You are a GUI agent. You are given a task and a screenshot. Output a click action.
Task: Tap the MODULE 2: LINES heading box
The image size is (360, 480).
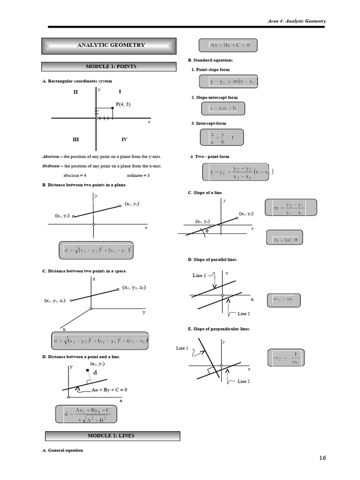click(112, 436)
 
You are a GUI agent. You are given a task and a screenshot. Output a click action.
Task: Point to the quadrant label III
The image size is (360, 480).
click(76, 140)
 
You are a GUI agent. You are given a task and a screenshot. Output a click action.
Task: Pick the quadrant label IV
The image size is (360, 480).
click(124, 140)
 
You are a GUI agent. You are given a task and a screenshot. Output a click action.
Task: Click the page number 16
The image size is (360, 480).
click(322, 458)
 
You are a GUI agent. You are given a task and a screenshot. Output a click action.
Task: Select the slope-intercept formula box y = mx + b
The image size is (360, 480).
click(223, 109)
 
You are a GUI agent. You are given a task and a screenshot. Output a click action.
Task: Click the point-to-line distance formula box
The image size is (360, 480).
click(86, 414)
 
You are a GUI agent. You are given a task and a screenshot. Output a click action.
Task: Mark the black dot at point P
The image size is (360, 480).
click(112, 108)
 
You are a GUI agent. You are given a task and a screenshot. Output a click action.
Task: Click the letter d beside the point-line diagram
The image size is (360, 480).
click(95, 373)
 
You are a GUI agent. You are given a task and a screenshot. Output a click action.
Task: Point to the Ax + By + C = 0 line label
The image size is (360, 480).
click(109, 390)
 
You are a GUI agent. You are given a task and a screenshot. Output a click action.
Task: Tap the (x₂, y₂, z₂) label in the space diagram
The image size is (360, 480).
click(134, 287)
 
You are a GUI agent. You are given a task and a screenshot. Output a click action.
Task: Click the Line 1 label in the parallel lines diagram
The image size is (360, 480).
click(199, 276)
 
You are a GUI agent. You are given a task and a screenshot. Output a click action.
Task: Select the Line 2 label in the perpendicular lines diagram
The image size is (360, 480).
click(244, 382)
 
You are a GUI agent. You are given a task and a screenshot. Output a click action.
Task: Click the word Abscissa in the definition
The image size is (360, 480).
click(52, 157)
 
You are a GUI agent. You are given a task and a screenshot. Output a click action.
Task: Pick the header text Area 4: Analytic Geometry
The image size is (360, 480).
click(296, 21)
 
